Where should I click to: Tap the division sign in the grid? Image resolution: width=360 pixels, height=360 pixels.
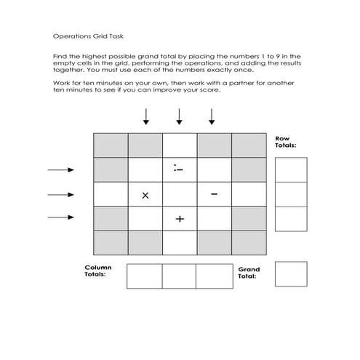(179, 169)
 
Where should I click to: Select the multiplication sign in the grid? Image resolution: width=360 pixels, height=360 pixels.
(145, 195)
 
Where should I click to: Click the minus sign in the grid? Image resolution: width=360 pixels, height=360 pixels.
(214, 193)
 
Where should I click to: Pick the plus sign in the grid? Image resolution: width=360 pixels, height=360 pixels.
(179, 218)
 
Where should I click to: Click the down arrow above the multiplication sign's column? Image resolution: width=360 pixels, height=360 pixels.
(145, 116)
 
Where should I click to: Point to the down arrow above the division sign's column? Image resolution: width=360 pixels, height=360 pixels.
(179, 116)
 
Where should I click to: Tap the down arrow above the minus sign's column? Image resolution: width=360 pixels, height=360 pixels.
(212, 116)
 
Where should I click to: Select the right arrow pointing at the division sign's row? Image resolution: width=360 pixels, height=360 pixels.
(61, 170)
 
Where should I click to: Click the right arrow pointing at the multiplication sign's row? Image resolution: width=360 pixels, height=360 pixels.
(61, 194)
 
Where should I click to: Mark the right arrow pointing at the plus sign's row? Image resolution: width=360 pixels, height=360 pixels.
(61, 217)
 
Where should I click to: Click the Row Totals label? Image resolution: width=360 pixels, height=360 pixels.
(285, 141)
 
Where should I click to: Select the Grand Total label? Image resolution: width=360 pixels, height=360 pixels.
(249, 273)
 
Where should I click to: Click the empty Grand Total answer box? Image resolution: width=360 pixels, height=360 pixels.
(291, 274)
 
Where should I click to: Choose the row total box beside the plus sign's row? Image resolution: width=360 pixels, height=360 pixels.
(291, 218)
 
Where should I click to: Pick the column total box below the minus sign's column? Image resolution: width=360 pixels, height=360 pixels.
(213, 276)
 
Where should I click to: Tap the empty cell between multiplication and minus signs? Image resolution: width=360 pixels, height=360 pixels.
(179, 194)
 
